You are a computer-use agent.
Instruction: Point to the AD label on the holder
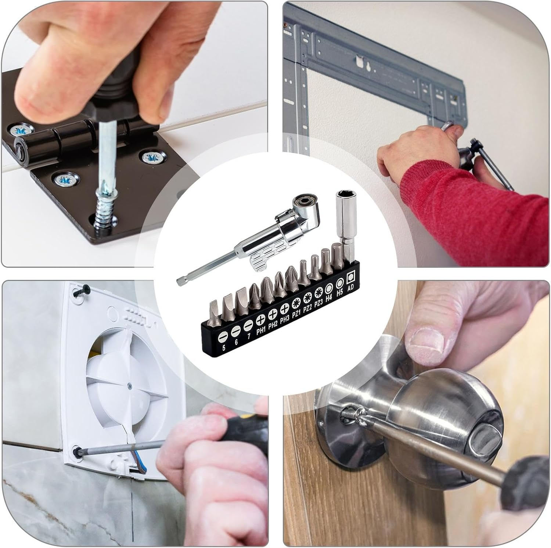tap(350, 287)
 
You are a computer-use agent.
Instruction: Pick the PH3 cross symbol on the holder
tap(284, 309)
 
